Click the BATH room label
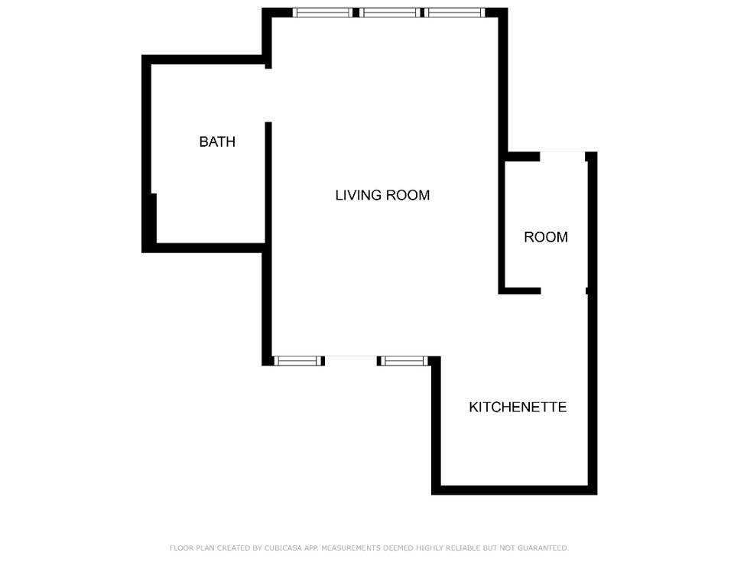pos(217,141)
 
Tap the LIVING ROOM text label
pos(382,195)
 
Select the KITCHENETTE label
pos(518,407)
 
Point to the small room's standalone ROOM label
pos(546,237)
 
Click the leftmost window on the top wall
pos(323,12)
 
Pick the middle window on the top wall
pos(389,12)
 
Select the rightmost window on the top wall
pos(455,12)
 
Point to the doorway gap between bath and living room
pos(268,95)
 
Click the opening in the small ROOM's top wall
pos(563,156)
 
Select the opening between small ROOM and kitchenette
pos(563,291)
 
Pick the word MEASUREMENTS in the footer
pos(351,548)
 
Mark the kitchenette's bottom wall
pos(514,490)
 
